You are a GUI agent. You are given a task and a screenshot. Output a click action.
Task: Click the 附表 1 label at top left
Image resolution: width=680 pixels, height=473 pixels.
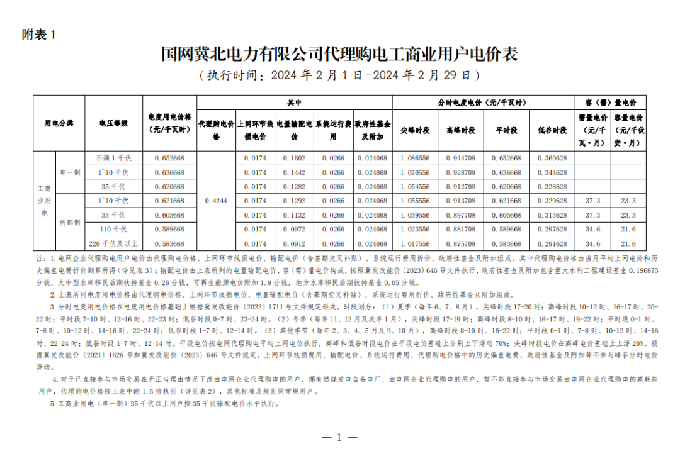pyautogui.click(x=38, y=35)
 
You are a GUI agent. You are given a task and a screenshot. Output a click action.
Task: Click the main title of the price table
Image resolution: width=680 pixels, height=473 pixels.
pyautogui.click(x=339, y=54)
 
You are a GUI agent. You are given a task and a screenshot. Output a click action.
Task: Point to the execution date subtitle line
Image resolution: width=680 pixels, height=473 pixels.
pyautogui.click(x=339, y=75)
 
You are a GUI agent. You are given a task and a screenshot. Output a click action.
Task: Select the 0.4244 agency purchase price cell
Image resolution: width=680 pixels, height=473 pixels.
pyautogui.click(x=216, y=201)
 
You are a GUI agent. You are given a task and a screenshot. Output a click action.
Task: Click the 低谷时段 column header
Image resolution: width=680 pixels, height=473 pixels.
pyautogui.click(x=552, y=130)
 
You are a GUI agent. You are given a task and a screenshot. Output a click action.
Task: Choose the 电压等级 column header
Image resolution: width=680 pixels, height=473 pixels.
pyautogui.click(x=114, y=123)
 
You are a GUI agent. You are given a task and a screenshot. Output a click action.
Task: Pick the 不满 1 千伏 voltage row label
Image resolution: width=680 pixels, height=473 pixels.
pyautogui.click(x=114, y=158)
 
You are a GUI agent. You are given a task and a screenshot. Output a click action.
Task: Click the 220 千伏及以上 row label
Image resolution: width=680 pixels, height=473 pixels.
pyautogui.click(x=114, y=244)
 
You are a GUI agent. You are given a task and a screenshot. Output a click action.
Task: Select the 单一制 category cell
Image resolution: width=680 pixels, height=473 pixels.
pyautogui.click(x=70, y=172)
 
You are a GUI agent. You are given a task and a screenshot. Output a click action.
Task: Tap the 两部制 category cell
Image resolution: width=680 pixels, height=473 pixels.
pyautogui.click(x=70, y=222)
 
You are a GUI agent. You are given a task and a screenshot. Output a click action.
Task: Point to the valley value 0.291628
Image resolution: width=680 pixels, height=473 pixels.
pyautogui.click(x=552, y=244)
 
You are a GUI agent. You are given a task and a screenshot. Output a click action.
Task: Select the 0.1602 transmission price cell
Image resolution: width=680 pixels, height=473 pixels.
pyautogui.click(x=294, y=158)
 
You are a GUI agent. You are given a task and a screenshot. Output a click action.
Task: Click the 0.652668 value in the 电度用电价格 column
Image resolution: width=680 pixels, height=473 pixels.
pyautogui.click(x=169, y=158)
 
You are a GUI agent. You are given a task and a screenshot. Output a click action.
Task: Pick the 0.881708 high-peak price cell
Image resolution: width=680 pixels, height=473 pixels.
pyautogui.click(x=461, y=230)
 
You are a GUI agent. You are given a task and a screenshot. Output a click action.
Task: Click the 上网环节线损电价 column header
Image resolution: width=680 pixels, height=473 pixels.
pyautogui.click(x=255, y=130)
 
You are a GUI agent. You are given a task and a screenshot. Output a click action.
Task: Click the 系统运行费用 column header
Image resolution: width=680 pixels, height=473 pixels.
pyautogui.click(x=333, y=130)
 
